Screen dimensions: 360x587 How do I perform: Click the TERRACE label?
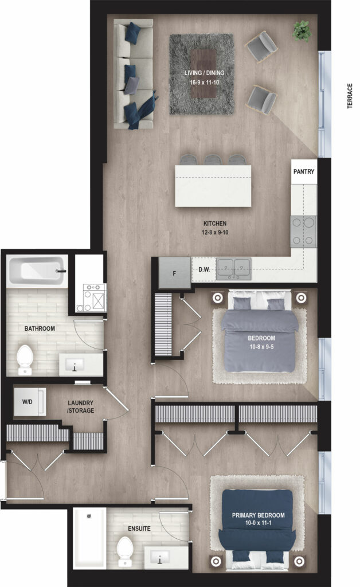click(350, 96)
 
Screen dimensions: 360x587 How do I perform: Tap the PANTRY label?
click(303, 171)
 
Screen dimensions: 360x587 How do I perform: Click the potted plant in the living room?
click(302, 31)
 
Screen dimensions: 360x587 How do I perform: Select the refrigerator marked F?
click(174, 272)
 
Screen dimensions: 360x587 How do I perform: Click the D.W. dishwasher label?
click(204, 269)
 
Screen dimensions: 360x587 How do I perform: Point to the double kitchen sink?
click(234, 269)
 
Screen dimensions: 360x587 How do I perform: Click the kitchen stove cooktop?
click(303, 232)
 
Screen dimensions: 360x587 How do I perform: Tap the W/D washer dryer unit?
click(30, 402)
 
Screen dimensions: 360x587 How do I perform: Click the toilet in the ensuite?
click(124, 551)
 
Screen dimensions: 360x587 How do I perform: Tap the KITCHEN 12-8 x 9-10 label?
click(215, 228)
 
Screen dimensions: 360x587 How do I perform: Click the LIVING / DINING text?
click(204, 73)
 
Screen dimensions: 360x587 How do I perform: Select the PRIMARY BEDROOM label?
click(258, 515)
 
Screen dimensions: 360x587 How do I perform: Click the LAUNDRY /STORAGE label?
click(80, 406)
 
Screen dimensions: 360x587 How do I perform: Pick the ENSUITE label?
click(139, 529)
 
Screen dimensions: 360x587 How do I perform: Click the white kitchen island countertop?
click(213, 186)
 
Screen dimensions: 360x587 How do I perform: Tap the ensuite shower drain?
click(89, 516)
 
